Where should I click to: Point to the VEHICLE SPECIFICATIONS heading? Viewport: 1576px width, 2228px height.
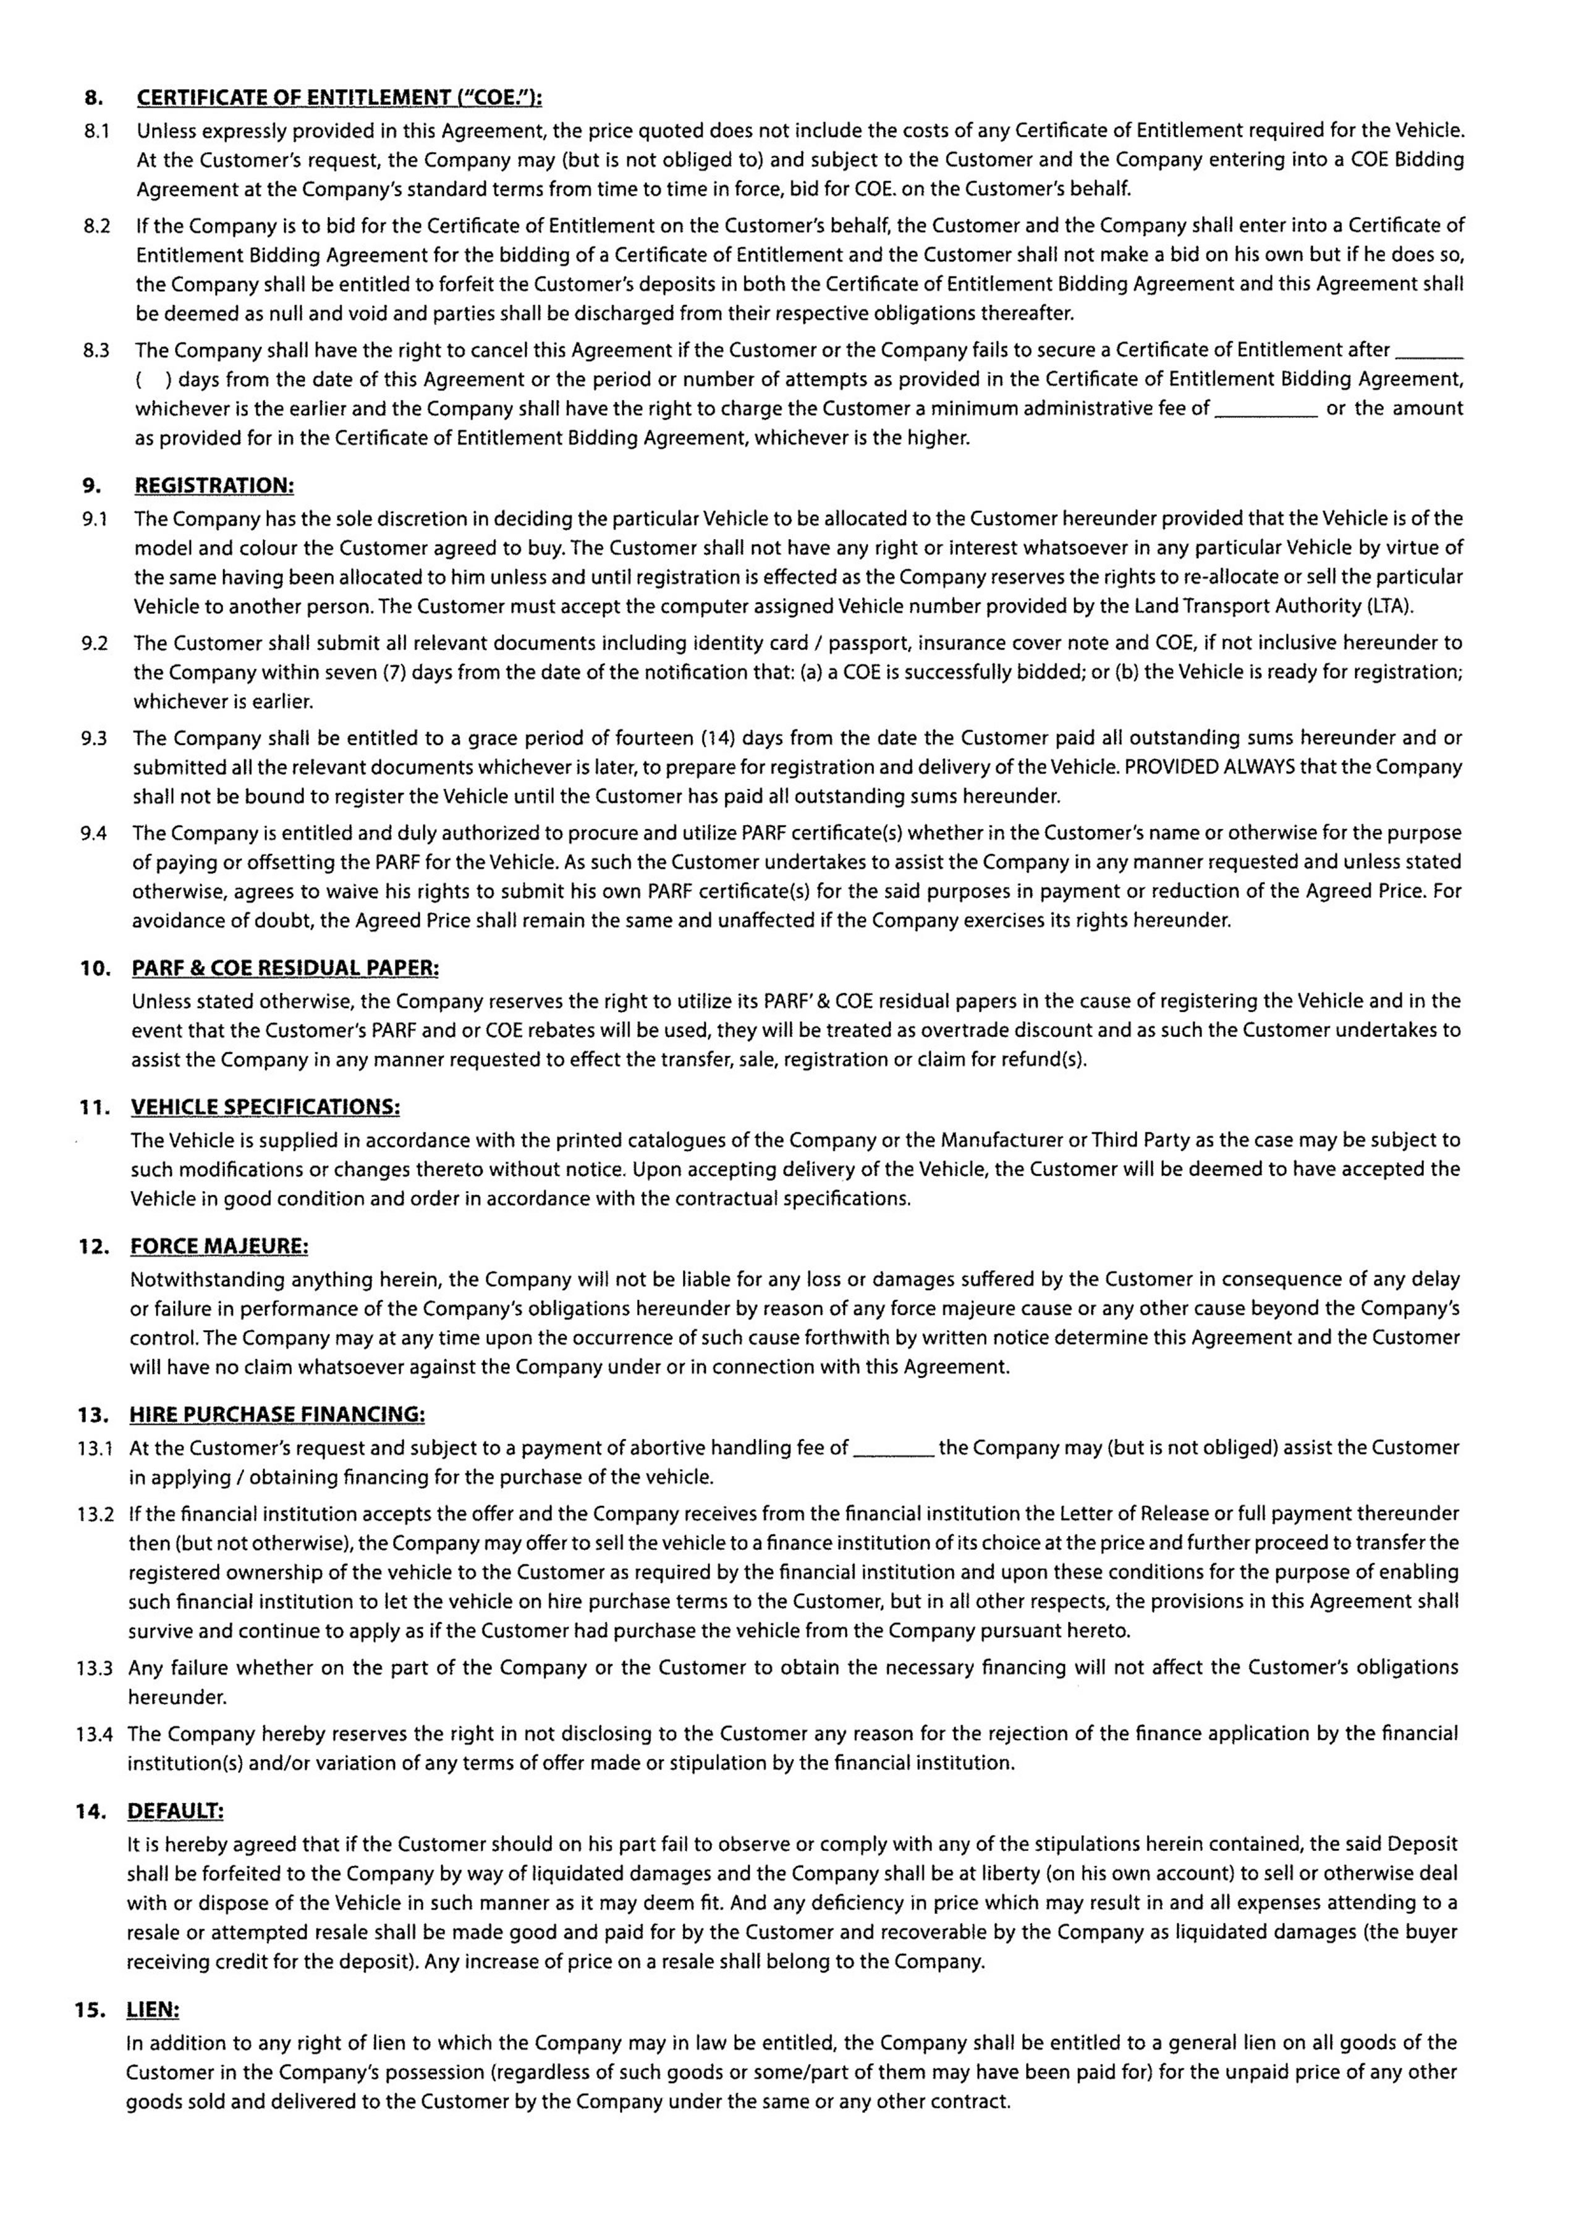click(x=265, y=1108)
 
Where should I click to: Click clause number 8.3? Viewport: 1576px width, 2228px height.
click(x=96, y=350)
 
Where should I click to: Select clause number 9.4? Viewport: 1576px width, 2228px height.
click(x=94, y=834)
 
